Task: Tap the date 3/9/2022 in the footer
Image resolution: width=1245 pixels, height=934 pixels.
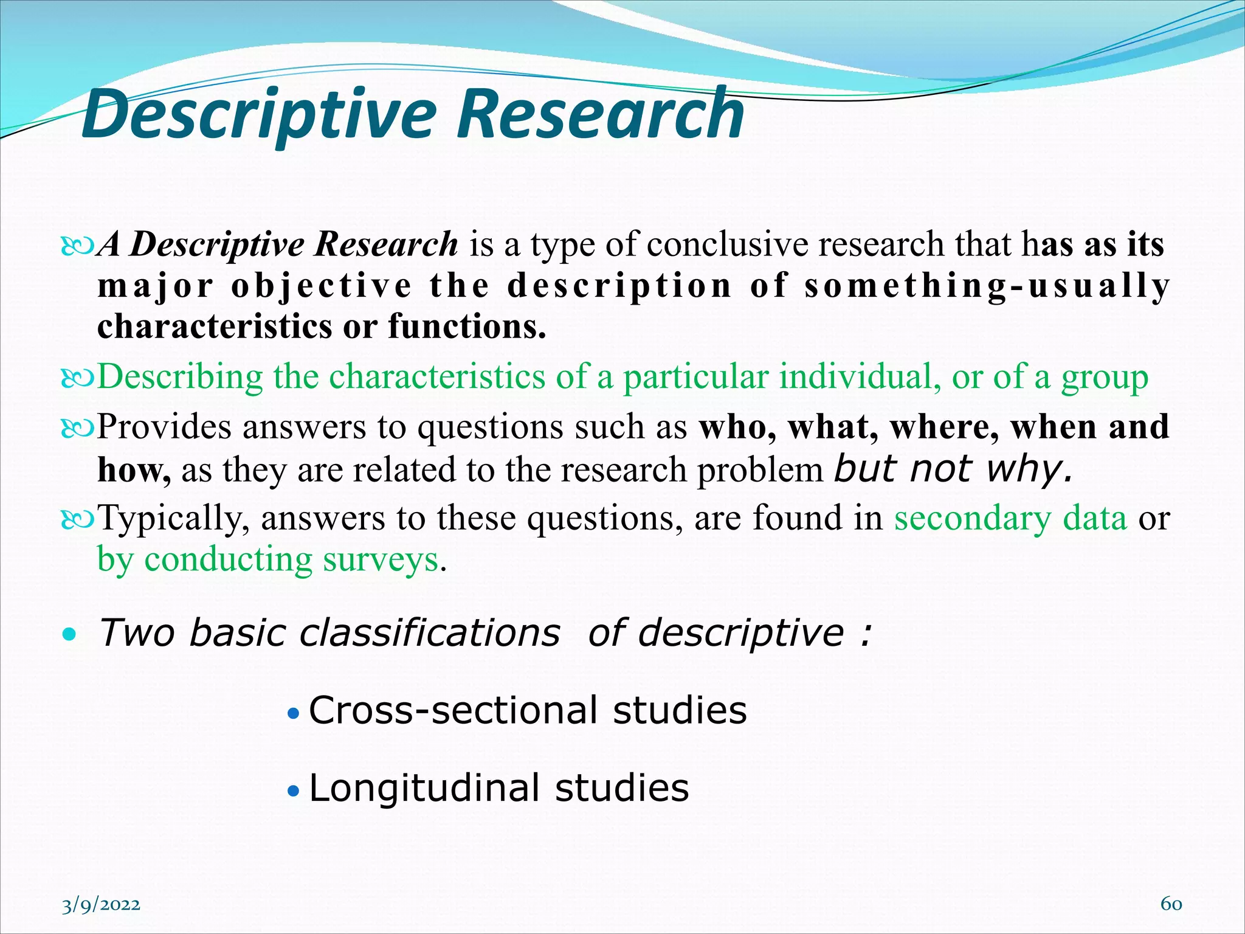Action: (x=101, y=905)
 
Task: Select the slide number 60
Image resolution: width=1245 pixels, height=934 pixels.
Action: (x=1171, y=904)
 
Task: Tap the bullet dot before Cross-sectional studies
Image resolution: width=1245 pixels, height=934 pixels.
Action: (x=294, y=713)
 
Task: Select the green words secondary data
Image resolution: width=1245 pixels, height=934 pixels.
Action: (x=1010, y=518)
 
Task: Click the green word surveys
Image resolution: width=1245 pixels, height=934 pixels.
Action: (x=381, y=559)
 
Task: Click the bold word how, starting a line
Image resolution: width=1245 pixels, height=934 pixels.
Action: (x=134, y=470)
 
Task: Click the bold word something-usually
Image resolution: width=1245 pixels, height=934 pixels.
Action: (x=985, y=286)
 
